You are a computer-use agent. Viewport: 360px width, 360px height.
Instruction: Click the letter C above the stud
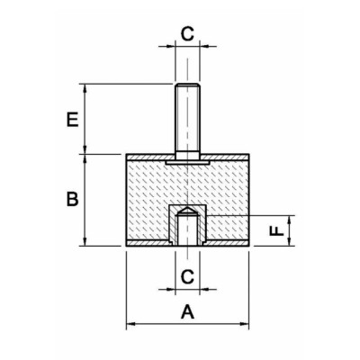tap(188, 34)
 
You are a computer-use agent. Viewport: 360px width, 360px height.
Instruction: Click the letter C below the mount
tap(188, 276)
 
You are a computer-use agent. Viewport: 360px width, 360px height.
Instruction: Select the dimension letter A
tap(188, 311)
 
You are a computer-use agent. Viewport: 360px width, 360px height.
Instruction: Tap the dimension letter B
tap(72, 199)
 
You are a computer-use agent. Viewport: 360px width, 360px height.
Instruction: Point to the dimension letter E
tap(72, 120)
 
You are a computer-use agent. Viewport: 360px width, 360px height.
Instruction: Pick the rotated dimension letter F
tap(276, 230)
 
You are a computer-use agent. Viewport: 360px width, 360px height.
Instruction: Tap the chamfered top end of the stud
tap(187, 85)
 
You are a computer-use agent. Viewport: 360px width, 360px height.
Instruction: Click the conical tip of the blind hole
tap(187, 210)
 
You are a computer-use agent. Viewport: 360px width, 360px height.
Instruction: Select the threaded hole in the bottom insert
tap(187, 227)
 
